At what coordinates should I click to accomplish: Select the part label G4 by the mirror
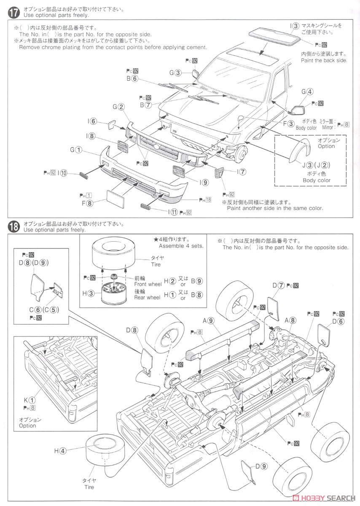(307, 92)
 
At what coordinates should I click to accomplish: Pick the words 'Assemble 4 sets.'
(181, 246)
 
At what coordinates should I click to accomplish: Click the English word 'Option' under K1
(27, 425)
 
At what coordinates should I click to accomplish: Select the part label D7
(278, 285)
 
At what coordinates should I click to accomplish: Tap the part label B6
(132, 78)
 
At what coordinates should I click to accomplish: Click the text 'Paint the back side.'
(324, 60)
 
